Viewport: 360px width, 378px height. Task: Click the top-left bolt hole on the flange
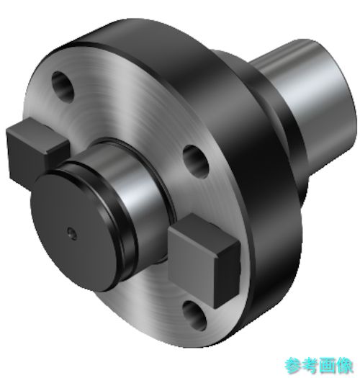pos(63,87)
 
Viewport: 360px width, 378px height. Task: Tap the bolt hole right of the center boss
pos(196,161)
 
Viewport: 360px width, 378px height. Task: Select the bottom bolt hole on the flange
pos(194,315)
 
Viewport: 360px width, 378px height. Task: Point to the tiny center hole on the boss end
pos(71,232)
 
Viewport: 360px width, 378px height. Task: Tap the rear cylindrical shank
pos(313,102)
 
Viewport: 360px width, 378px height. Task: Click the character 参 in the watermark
pos(292,366)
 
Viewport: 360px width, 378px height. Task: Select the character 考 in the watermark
pos(310,366)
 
